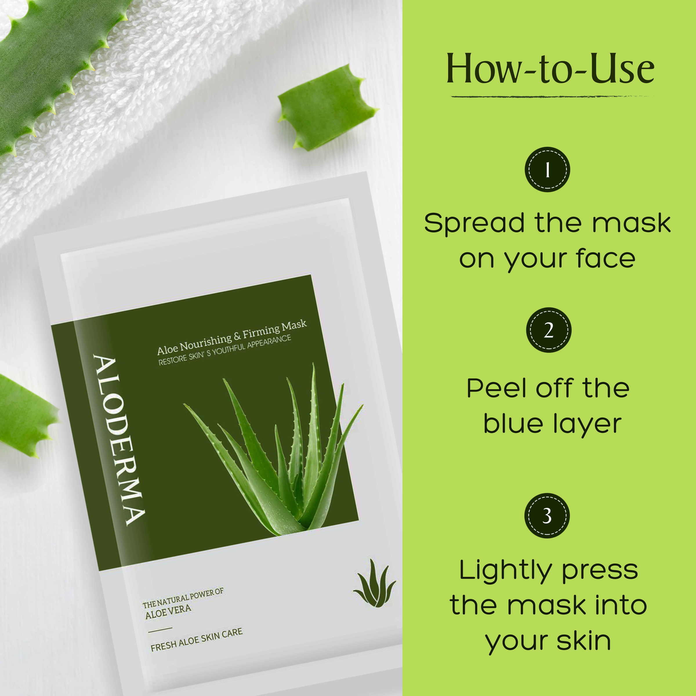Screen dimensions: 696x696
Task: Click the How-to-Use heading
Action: pos(550,68)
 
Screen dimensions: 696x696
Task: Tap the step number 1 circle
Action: pos(547,169)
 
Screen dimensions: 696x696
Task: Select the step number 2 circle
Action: pos(549,330)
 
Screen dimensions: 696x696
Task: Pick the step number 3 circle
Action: pos(547,516)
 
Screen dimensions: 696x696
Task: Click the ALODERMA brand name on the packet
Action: pos(119,440)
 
